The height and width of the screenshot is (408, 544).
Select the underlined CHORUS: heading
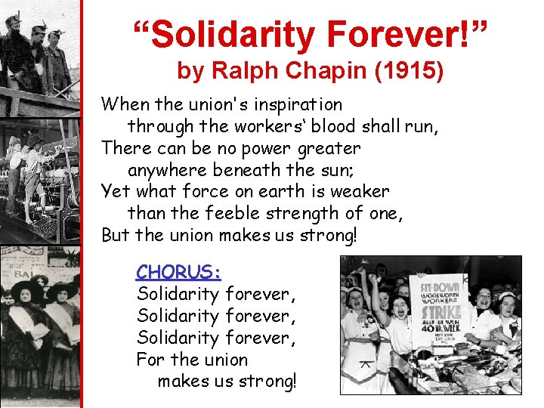pyautogui.click(x=178, y=271)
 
